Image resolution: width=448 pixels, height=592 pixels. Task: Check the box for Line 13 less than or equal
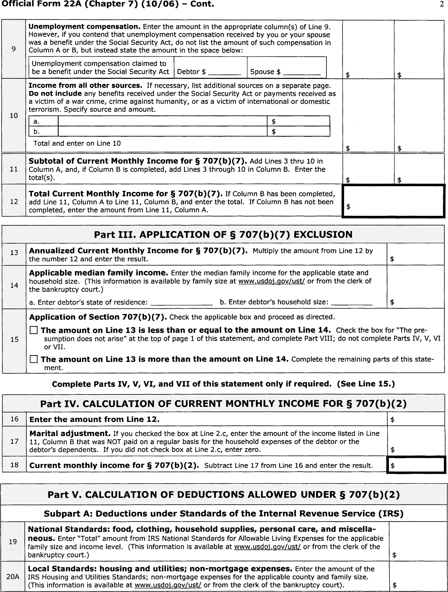click(x=34, y=330)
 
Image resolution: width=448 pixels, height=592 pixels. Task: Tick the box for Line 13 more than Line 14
click(x=34, y=359)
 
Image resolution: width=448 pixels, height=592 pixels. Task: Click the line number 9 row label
click(x=14, y=49)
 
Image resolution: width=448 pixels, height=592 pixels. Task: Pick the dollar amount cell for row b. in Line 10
click(x=298, y=131)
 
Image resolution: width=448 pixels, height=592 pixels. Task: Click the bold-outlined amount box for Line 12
click(x=394, y=201)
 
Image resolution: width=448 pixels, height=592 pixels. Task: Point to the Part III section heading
click(x=223, y=234)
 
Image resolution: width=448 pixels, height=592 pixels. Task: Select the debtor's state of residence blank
click(x=182, y=303)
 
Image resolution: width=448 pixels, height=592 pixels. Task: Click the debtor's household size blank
click(x=351, y=303)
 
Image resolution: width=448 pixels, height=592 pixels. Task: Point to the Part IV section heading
click(x=223, y=404)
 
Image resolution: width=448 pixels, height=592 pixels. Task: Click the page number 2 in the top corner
click(x=442, y=5)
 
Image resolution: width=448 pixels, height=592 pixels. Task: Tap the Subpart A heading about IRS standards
click(x=223, y=514)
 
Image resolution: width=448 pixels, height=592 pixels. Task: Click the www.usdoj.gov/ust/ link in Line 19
click(x=267, y=547)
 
